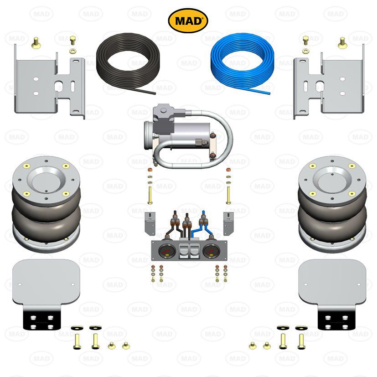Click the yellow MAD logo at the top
click(188, 21)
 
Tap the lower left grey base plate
click(46, 283)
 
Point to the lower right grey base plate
click(331, 283)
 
